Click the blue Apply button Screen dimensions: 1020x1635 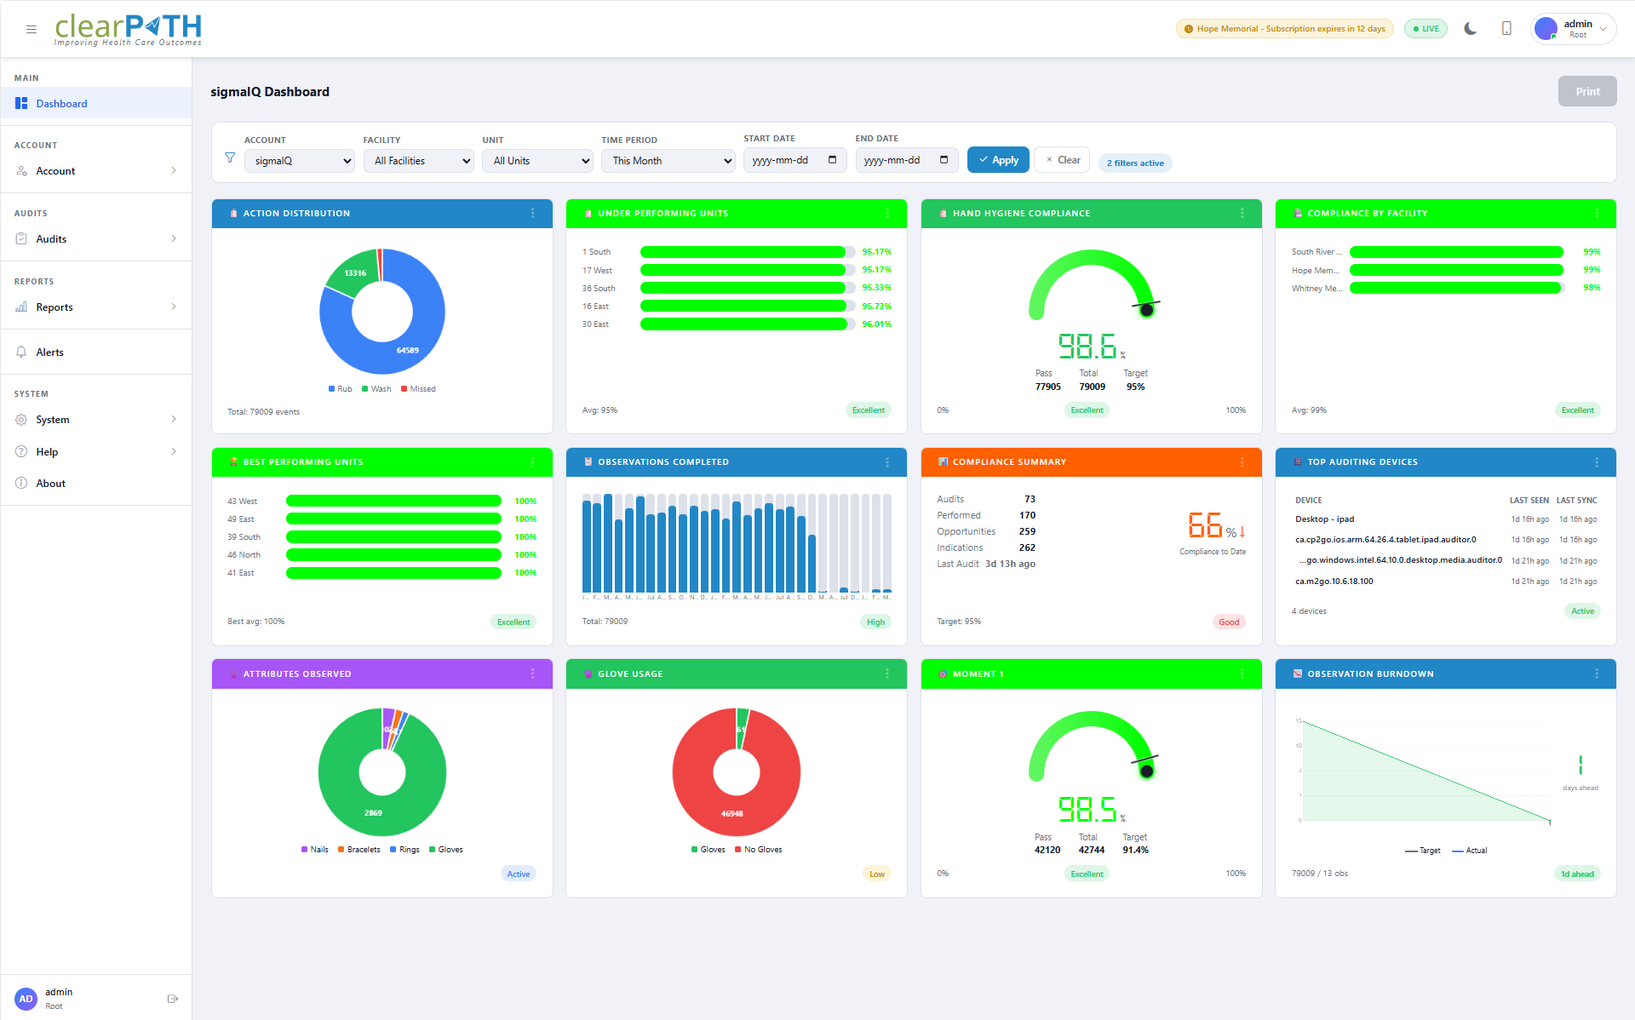(x=998, y=160)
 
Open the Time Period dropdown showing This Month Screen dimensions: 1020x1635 (x=668, y=161)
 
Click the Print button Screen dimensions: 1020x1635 (x=1586, y=92)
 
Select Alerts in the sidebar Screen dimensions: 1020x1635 (x=49, y=352)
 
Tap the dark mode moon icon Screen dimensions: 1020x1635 (x=1470, y=29)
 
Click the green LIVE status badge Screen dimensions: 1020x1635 (x=1426, y=29)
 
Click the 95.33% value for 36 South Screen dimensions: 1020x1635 (x=876, y=288)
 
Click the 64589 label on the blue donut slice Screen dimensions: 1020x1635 (x=407, y=350)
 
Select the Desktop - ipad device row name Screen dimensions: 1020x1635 (x=1324, y=519)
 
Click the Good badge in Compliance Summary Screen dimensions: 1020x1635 (x=1228, y=622)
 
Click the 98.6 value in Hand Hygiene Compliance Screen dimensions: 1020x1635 (x=1087, y=347)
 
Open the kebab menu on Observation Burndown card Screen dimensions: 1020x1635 (x=1596, y=674)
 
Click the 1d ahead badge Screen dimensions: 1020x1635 (x=1576, y=874)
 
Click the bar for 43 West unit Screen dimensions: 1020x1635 (x=393, y=501)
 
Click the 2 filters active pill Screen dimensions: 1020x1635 (x=1134, y=163)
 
